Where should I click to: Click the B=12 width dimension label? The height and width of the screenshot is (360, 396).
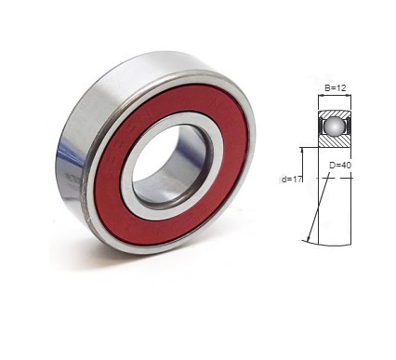335,88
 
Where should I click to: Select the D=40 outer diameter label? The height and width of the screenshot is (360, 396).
340,166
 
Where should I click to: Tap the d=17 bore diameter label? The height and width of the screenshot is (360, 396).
291,180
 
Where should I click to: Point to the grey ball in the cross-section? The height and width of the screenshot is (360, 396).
334,126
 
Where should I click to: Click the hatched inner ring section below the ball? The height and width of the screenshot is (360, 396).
335,140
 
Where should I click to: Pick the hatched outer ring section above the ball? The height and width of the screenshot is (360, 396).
335,113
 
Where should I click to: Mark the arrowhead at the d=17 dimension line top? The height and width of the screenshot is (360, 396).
301,150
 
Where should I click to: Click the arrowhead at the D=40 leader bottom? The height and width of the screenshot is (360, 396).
308,239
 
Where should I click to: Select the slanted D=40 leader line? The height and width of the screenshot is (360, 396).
318,207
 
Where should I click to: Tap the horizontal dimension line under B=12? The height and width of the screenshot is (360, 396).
335,96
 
